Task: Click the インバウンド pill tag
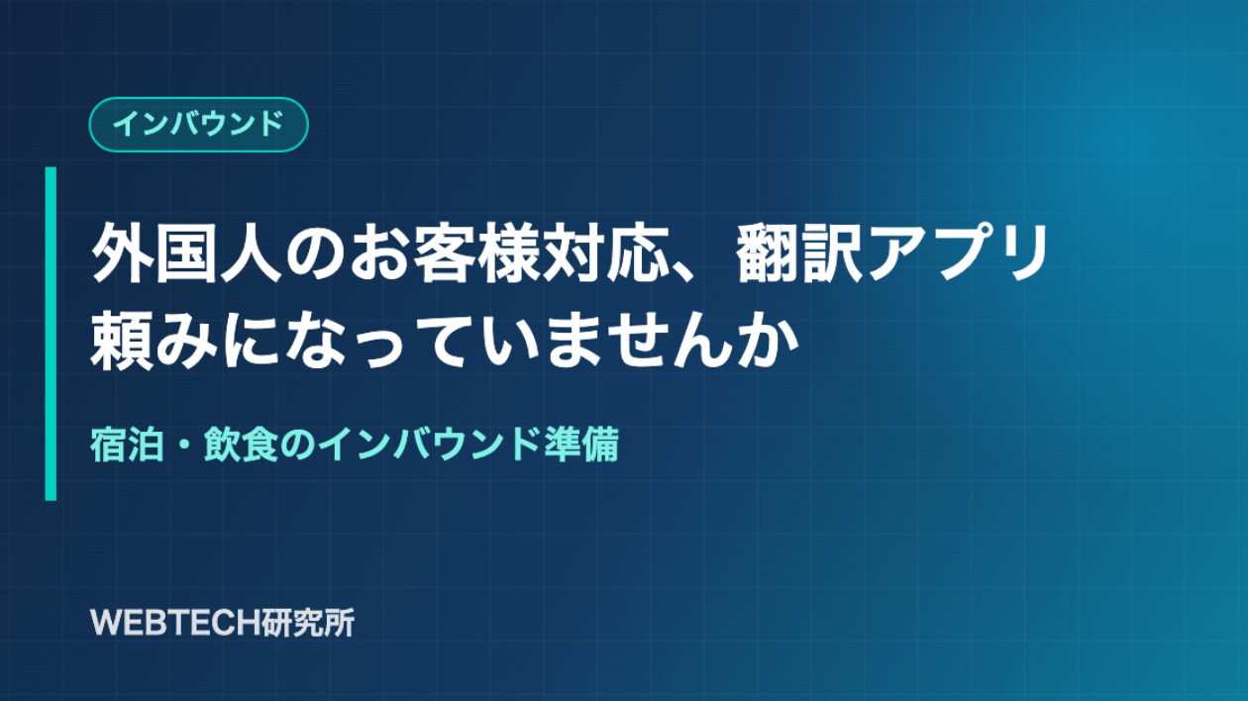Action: click(198, 125)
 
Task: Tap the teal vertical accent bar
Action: click(51, 334)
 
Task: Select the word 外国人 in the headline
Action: click(186, 253)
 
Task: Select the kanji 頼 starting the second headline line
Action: click(122, 340)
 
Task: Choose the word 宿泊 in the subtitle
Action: click(128, 445)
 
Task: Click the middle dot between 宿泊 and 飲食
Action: click(184, 445)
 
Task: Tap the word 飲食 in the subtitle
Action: click(242, 445)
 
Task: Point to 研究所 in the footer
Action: click(301, 623)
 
